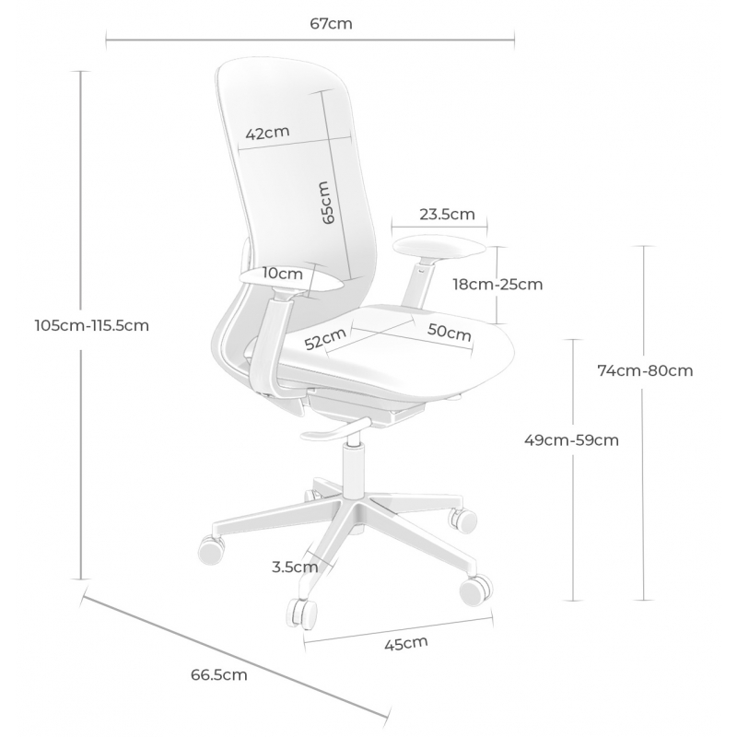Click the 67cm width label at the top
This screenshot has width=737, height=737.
[331, 24]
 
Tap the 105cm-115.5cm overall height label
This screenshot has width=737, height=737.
[91, 325]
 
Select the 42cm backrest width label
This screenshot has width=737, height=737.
[267, 133]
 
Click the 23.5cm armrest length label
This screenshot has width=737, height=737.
[447, 215]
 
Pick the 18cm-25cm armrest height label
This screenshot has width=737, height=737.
[497, 285]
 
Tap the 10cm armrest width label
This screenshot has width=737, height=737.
[283, 273]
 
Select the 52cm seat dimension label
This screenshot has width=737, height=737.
[325, 338]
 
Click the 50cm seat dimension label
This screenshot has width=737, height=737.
[449, 332]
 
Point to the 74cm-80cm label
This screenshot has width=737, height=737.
[645, 371]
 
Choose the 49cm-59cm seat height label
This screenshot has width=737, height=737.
[571, 440]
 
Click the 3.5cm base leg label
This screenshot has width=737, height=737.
[295, 567]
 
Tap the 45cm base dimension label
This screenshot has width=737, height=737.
[406, 643]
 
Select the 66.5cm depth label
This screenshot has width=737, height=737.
[218, 675]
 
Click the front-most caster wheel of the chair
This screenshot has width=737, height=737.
[302, 614]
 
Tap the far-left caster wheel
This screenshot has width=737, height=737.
[211, 549]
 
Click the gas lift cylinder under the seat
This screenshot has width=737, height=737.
[354, 472]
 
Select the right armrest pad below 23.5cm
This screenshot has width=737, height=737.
[439, 248]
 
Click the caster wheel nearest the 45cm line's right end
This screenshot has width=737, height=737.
[476, 591]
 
